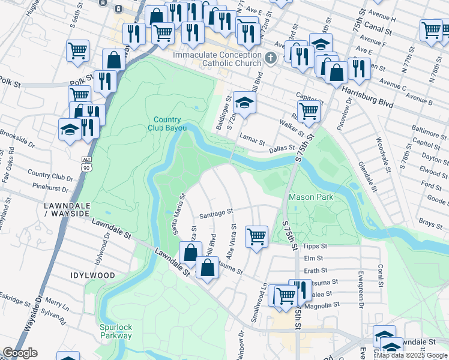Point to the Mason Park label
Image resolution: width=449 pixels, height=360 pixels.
click(x=311, y=197)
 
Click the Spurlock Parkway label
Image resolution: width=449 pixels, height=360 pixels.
click(x=116, y=331)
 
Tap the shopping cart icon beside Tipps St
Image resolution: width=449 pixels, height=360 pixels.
click(x=257, y=236)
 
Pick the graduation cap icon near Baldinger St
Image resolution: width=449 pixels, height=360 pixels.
click(x=244, y=102)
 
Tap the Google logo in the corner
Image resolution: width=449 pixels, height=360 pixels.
click(x=20, y=353)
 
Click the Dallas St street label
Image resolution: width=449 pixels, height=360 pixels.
click(x=282, y=148)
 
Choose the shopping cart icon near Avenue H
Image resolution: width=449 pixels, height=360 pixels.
click(x=432, y=29)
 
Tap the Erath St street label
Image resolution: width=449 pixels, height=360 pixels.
click(x=316, y=271)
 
